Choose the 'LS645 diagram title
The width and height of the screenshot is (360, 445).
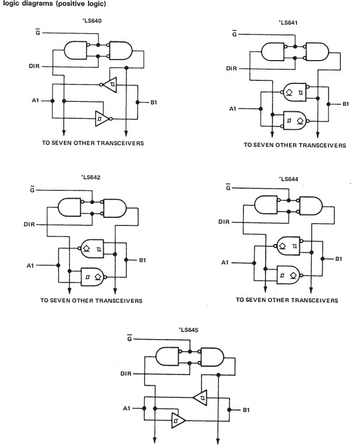point(189,330)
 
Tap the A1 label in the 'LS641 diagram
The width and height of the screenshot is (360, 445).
point(234,109)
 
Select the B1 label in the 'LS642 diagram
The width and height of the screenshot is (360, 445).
point(140,260)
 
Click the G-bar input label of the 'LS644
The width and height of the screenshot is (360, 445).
point(227,188)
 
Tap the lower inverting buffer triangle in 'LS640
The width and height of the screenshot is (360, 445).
point(103,118)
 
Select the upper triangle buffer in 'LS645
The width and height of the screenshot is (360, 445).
point(199,397)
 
